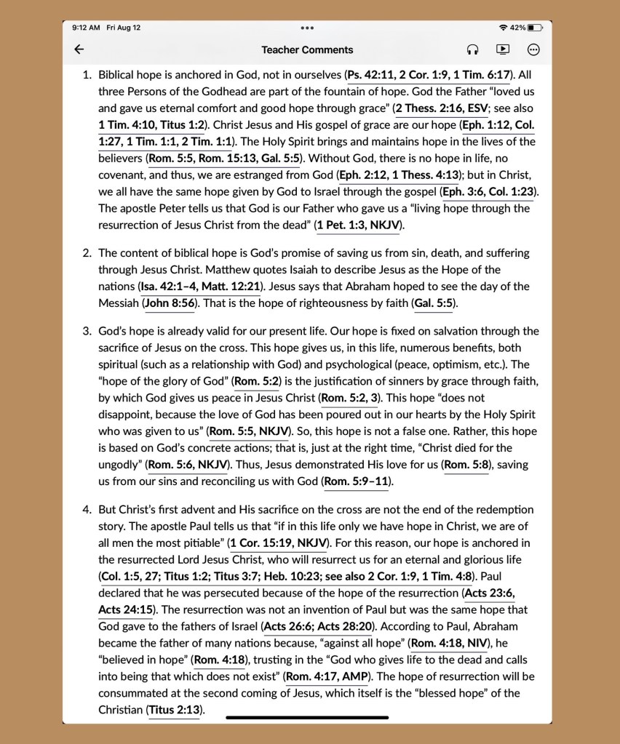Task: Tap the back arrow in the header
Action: tap(79, 49)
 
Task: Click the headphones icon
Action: tap(472, 49)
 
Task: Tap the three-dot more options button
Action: tap(533, 49)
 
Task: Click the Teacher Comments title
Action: tap(307, 49)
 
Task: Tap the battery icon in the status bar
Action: tap(536, 28)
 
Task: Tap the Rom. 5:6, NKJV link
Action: tap(189, 464)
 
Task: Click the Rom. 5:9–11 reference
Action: tap(357, 481)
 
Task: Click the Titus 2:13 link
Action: tap(175, 710)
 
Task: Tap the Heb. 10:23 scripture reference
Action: tap(279, 576)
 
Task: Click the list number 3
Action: tap(86, 331)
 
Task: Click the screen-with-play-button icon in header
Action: tap(502, 49)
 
